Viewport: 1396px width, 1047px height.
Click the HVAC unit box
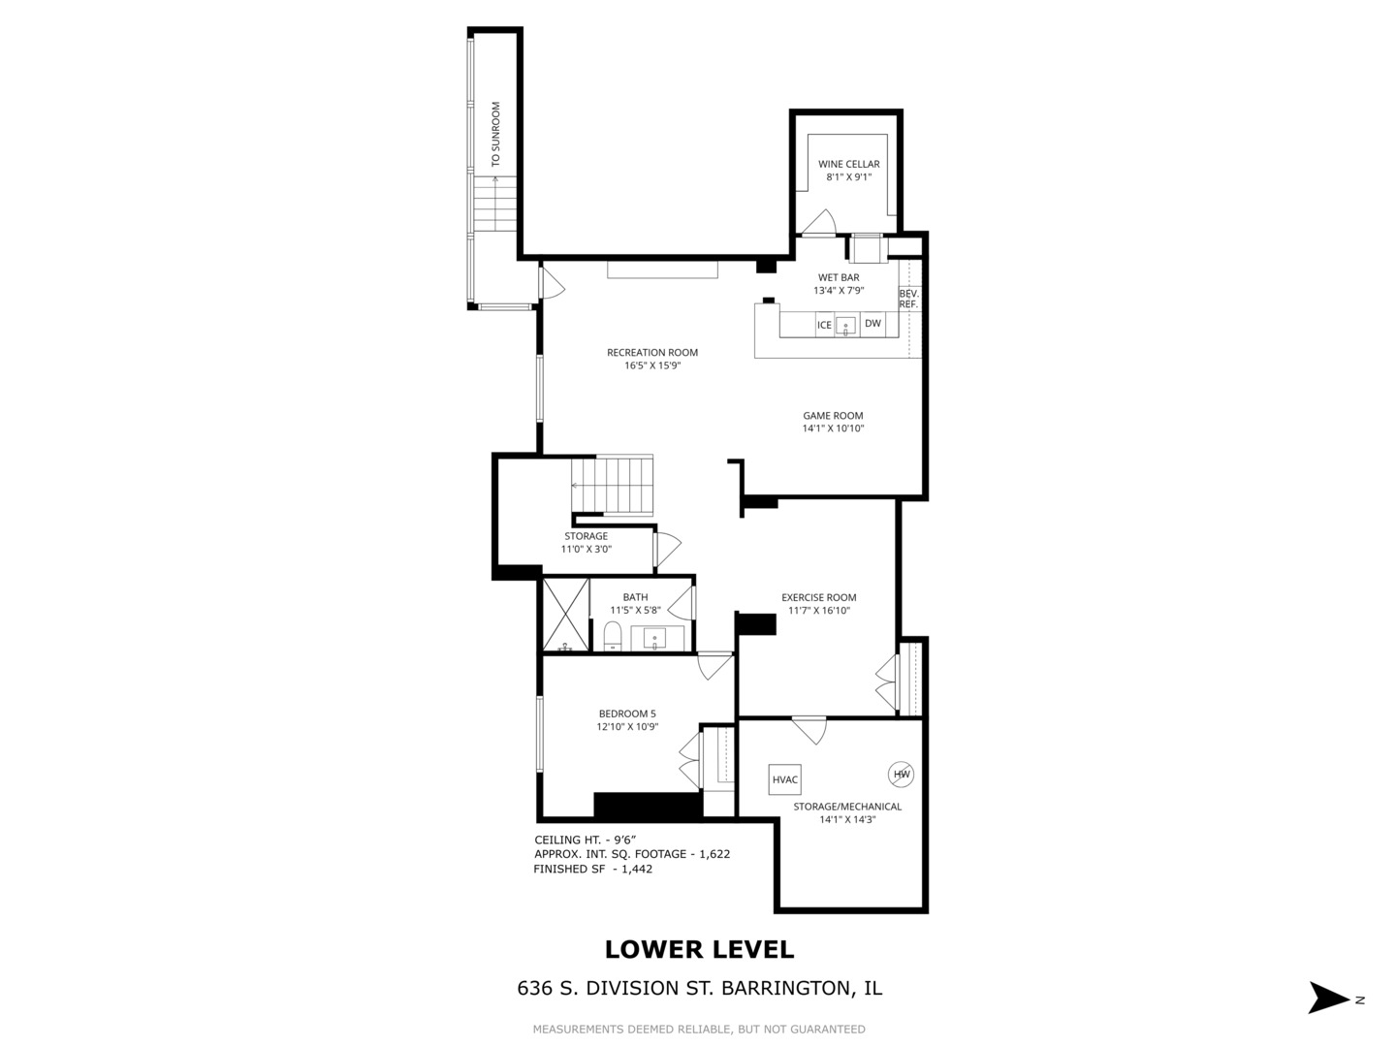[785, 778]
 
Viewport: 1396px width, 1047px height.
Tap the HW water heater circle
[901, 773]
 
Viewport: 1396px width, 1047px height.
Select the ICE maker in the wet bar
[824, 325]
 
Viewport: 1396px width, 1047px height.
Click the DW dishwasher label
[872, 324]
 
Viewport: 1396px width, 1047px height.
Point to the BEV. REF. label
[908, 299]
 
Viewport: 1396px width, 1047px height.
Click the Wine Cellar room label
[848, 165]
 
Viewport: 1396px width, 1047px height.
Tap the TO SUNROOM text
[495, 134]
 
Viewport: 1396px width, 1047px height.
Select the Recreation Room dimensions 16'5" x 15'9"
[652, 365]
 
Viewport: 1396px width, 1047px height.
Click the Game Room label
[832, 416]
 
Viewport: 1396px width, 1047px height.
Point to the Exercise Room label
[818, 598]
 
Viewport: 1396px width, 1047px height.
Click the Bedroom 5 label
[627, 714]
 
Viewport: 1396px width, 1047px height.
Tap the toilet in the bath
[612, 637]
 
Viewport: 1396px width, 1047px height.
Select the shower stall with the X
[565, 615]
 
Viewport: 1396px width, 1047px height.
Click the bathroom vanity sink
[656, 640]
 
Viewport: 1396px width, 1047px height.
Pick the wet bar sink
[846, 326]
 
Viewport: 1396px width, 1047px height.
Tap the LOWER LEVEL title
[699, 950]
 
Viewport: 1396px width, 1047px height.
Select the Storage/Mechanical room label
[847, 807]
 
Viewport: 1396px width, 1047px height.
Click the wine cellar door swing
[819, 223]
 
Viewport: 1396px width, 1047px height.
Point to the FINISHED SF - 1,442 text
[592, 870]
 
